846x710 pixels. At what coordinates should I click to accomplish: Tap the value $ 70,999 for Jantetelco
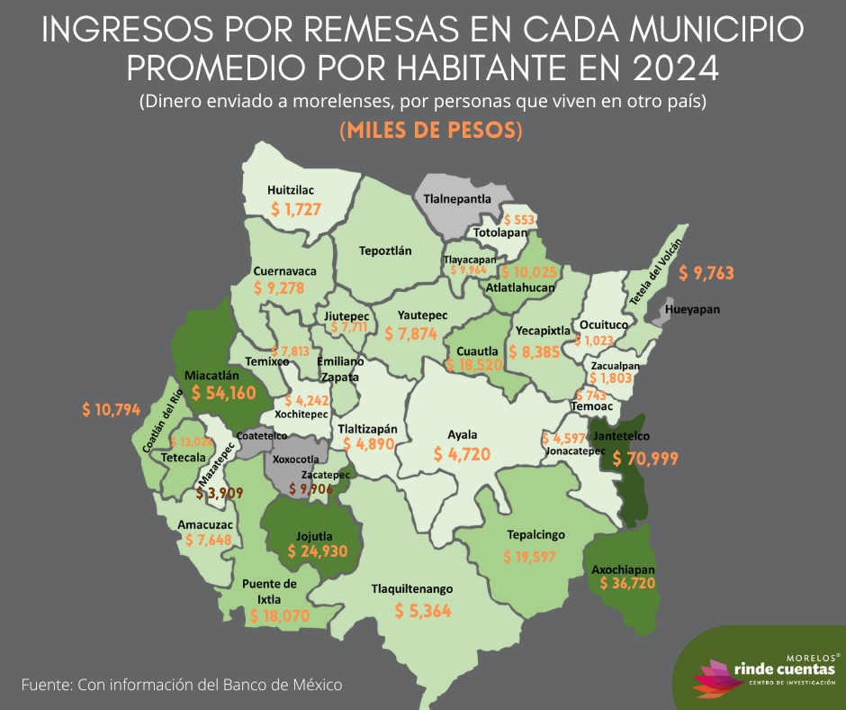coord(645,458)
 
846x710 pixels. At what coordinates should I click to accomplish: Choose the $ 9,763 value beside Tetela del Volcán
coord(712,272)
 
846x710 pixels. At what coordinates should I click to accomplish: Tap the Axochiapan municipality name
coord(623,569)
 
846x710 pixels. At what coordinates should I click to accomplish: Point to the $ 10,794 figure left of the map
coord(111,410)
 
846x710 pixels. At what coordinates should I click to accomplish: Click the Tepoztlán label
coord(385,250)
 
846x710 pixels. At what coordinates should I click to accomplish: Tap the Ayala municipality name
coord(463,435)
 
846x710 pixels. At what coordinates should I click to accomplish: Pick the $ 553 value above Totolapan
coord(519,219)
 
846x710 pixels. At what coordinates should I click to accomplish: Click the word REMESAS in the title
coord(370,30)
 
